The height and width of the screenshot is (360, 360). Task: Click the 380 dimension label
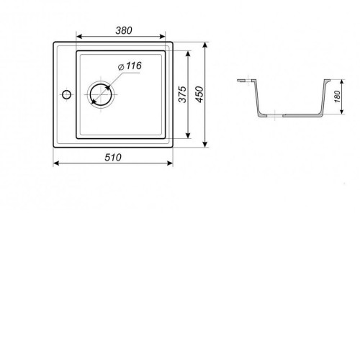coord(124,30)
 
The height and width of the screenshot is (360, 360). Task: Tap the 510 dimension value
coord(113,158)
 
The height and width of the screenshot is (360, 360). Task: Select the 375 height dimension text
coord(183,94)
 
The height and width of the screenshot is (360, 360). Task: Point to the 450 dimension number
coord(199,94)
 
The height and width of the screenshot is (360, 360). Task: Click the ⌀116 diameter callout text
coord(130,66)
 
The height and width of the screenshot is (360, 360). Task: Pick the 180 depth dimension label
coord(337,96)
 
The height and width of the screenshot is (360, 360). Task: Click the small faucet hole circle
coord(66,94)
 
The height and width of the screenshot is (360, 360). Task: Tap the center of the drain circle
coord(101,94)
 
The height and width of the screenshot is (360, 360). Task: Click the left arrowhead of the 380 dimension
coord(79,37)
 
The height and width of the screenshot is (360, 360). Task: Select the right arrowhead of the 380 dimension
coord(163,37)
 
